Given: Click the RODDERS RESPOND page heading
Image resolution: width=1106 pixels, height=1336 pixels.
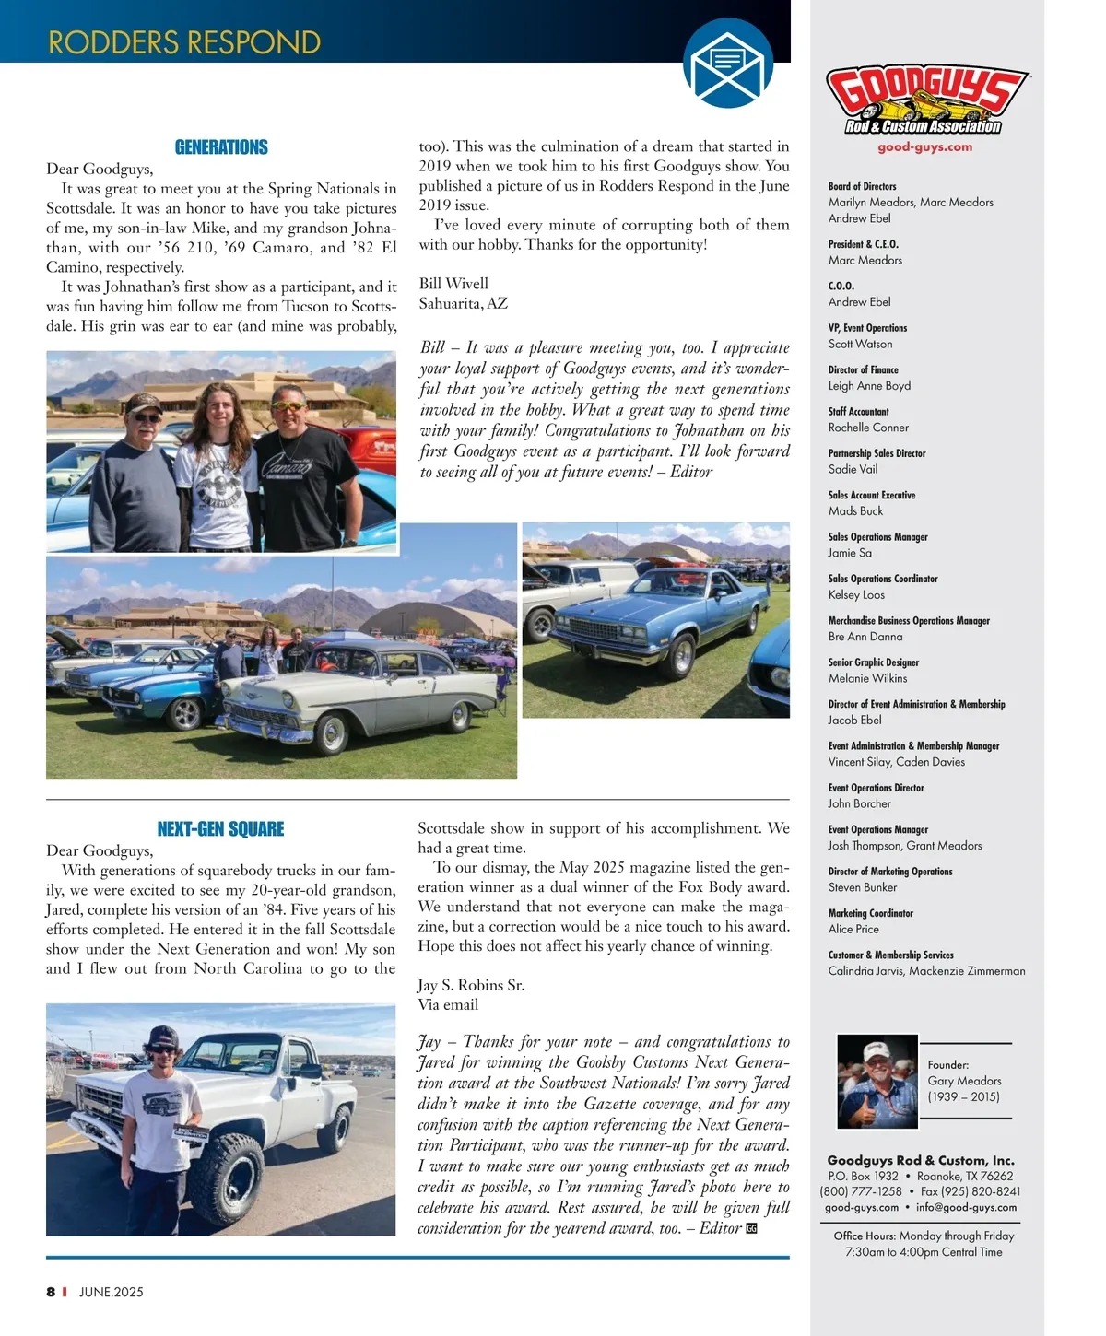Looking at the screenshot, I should (184, 42).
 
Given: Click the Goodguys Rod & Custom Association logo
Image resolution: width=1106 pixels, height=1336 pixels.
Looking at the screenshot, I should (925, 101).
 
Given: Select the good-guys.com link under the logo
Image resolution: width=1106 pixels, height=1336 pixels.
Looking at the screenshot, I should (924, 146).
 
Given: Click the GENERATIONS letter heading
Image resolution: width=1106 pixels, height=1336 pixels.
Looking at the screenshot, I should (221, 147).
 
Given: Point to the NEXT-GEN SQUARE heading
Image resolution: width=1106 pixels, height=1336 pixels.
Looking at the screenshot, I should (221, 828).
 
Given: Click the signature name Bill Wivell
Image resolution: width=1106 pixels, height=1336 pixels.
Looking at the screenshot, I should (453, 283).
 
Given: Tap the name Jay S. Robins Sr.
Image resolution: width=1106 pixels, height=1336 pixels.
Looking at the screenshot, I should (471, 985).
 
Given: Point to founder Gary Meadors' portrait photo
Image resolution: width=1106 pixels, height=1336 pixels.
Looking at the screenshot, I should (877, 1082).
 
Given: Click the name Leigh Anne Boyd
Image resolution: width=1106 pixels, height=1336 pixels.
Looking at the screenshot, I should (869, 386).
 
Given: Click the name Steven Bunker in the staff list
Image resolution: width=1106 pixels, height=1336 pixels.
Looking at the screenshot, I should (862, 887).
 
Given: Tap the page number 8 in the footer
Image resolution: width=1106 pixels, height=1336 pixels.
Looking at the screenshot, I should (51, 1292).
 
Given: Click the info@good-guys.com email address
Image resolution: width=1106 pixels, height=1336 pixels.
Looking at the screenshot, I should (966, 1207).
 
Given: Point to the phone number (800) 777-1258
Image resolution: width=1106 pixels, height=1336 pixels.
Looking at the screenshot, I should (860, 1191).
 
